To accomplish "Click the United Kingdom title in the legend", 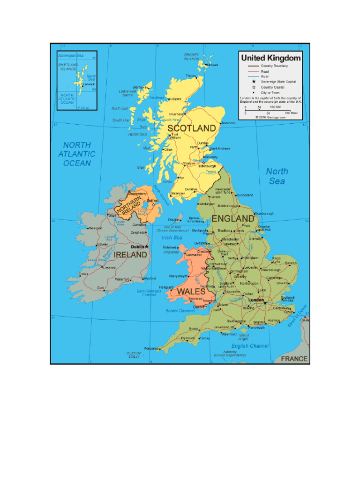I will (x=270, y=58).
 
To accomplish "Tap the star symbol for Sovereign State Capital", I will (x=254, y=82).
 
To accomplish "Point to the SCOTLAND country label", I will (x=192, y=128).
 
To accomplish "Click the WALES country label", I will (x=191, y=292).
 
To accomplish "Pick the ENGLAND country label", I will (x=233, y=219).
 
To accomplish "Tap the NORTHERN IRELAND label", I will (x=129, y=207).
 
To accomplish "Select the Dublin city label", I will (x=137, y=247).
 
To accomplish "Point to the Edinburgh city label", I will (x=207, y=166).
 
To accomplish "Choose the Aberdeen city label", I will (x=228, y=123).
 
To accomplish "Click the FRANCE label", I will (x=294, y=359).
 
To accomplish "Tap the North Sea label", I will (x=277, y=176).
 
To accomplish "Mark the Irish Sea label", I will (x=172, y=238).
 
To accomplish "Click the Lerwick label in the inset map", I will (x=89, y=85).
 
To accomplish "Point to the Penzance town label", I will (x=152, y=348).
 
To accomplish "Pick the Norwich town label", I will (x=291, y=263).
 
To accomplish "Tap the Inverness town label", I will (x=176, y=114).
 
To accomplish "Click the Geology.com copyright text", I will (x=270, y=117).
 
